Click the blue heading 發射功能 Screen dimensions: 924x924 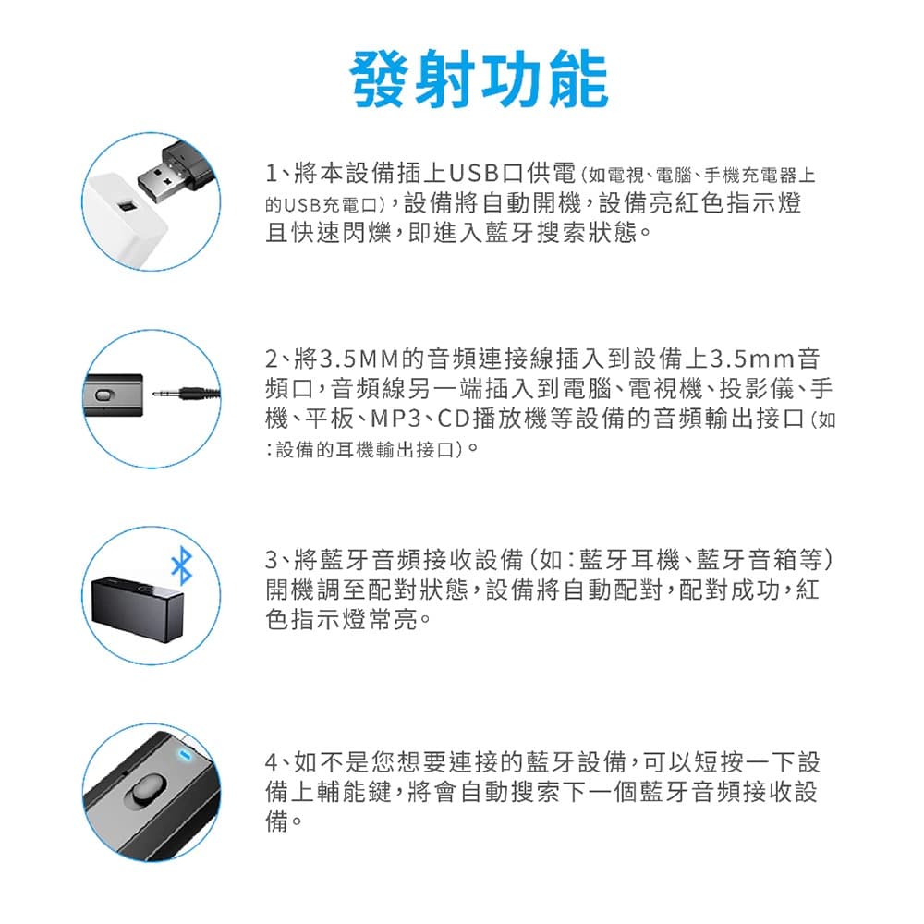tap(479, 79)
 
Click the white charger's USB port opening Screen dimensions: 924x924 tap(126, 207)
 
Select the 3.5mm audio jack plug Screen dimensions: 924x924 tap(187, 393)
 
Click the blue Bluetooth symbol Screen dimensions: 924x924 tap(181, 565)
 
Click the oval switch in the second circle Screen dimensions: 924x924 tap(103, 395)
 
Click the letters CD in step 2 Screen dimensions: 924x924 tap(454, 419)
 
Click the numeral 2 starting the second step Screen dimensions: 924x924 tap(272, 359)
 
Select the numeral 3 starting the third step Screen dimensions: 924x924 tap(272, 560)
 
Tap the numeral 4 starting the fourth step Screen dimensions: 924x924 tap(272, 762)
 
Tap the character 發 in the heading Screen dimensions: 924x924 tap(380, 79)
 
